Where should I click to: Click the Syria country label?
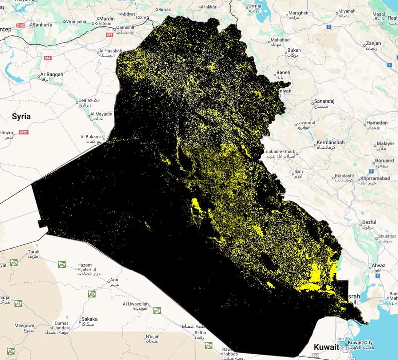tap(21, 116)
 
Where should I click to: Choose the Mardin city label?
tap(108, 19)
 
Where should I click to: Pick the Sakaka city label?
tap(90, 319)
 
